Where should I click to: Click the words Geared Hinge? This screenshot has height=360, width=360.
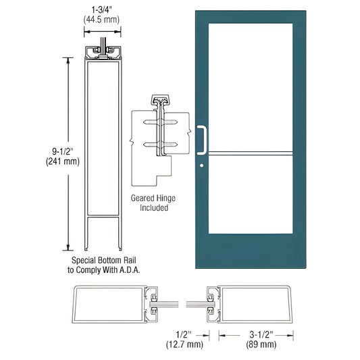coord(150,199)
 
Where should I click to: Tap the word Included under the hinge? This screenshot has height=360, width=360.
coord(150,208)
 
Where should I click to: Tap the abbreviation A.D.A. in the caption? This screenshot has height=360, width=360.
coord(132,269)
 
